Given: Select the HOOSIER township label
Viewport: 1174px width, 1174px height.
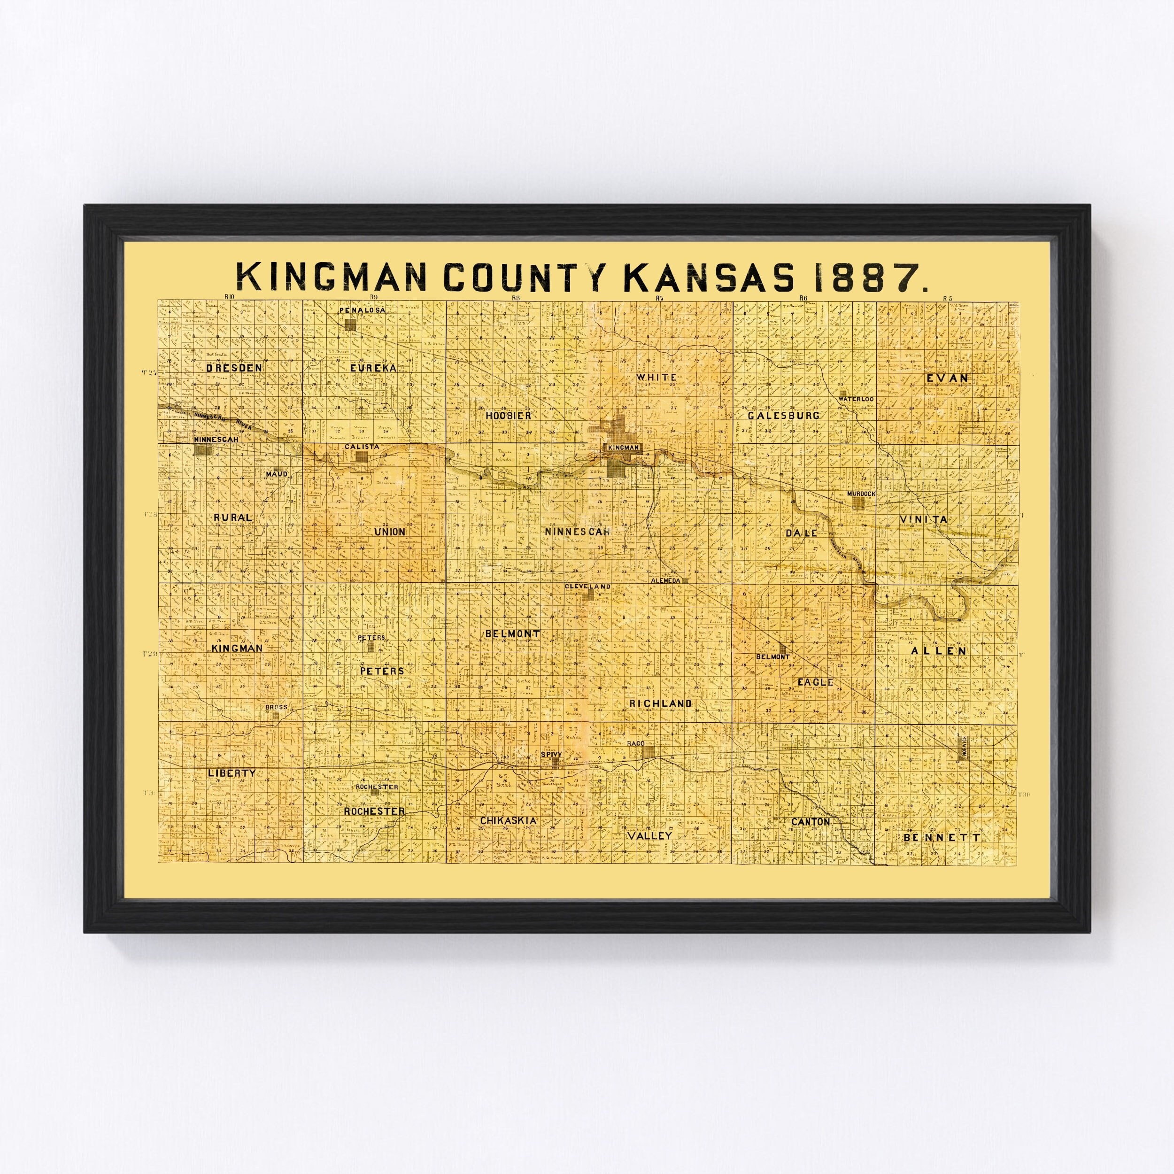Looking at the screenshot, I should click(509, 416).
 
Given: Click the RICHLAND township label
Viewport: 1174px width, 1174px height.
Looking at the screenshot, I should click(661, 703).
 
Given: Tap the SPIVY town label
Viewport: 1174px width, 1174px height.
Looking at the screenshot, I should click(553, 755).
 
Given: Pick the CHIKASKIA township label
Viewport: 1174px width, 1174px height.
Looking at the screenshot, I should click(508, 820).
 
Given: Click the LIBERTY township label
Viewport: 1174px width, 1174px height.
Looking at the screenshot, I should click(231, 773).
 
